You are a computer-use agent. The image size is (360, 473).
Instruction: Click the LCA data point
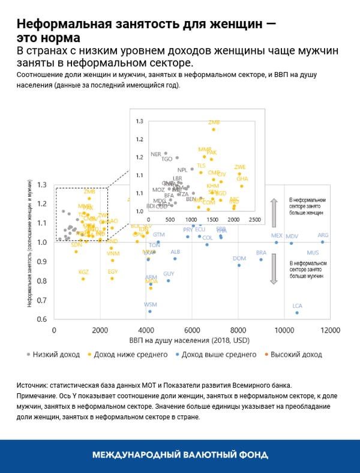pos(297,313)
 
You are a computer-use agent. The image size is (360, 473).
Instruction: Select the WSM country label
pos(150,305)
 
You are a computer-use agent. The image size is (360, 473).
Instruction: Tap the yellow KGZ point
pos(83,279)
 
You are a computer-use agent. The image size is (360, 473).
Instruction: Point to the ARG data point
pos(323,242)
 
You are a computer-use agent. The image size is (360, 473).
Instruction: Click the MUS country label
pos(313,253)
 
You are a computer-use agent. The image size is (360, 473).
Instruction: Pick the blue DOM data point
pos(239,265)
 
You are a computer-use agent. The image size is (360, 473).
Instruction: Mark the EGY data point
pos(112,278)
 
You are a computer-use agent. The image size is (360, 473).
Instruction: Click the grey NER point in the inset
pos(166,154)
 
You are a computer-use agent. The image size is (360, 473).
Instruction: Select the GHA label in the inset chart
pos(242,179)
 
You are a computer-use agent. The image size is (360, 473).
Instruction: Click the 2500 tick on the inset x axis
pos(254,220)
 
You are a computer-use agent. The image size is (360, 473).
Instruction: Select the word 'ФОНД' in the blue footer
pos(252,455)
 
